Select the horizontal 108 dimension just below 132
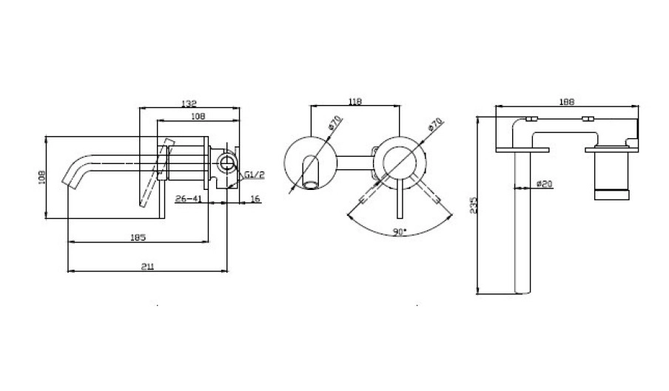tap(198, 116)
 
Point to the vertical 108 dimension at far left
tap(42, 177)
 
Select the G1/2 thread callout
tap(254, 174)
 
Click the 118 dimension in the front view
tap(354, 103)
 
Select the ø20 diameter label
tap(545, 183)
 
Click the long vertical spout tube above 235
tap(522, 222)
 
